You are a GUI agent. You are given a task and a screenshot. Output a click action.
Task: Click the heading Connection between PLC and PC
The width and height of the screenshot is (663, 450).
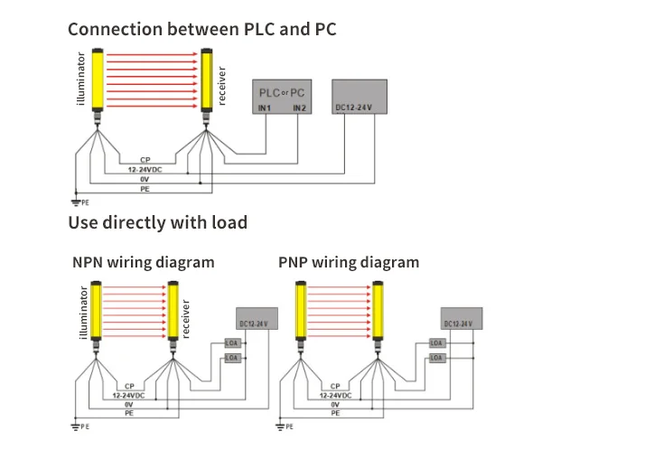[x=201, y=29]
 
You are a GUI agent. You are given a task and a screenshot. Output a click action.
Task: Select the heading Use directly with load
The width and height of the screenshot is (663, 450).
[x=158, y=222]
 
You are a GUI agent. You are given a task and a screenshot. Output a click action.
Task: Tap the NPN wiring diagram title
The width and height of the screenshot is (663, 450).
[x=144, y=263]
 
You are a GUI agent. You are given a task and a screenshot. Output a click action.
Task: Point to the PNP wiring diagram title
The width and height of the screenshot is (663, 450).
[x=349, y=263]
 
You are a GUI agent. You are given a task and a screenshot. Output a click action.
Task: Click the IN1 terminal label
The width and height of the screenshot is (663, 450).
[x=266, y=108]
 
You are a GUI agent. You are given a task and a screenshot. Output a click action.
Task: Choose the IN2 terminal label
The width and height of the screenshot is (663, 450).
[x=300, y=108]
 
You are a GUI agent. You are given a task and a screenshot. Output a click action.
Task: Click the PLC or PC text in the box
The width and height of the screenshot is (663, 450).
[x=282, y=93]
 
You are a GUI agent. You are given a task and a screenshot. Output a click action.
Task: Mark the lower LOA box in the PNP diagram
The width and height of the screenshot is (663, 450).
[x=437, y=358]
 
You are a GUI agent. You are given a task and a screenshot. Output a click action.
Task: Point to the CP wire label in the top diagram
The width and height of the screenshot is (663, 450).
[x=145, y=160]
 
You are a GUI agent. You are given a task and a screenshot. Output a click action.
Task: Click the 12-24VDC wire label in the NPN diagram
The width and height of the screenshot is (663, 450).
[x=130, y=395]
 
